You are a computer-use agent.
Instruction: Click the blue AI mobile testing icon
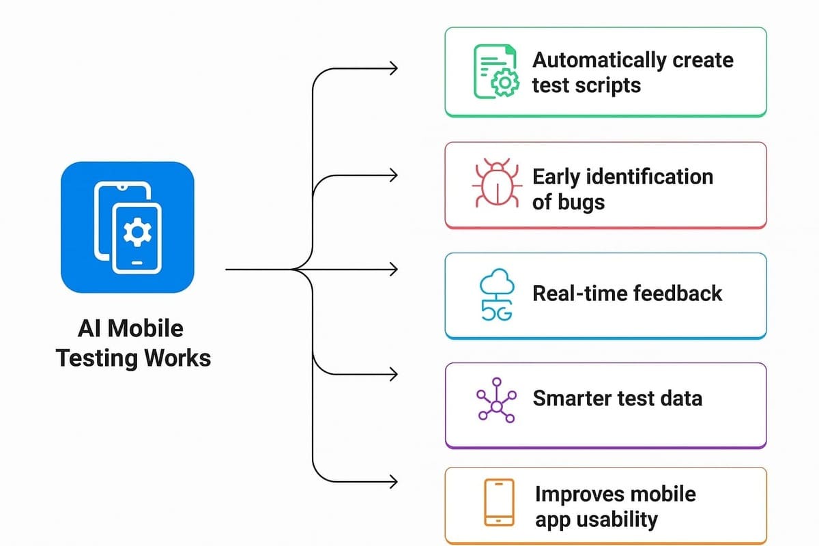128,227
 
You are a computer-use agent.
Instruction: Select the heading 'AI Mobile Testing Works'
133,343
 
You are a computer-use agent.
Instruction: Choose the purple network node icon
496,399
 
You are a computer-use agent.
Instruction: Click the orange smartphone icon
499,502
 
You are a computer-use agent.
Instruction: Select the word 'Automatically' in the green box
592,60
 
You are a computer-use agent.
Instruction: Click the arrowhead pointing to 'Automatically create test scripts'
392,68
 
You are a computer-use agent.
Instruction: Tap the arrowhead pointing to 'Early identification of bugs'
392,175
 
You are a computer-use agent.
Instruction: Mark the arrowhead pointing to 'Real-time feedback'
392,270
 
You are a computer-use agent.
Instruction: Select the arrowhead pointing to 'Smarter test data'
392,374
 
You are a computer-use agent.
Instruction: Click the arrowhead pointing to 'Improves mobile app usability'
392,482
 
